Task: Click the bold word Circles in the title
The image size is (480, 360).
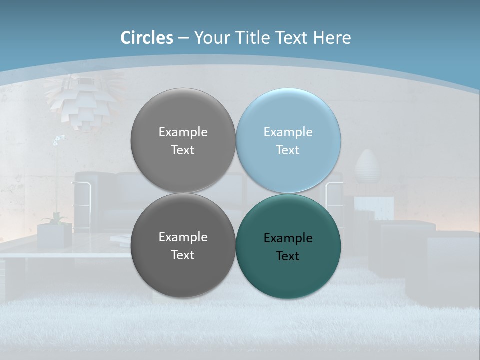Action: [x=147, y=38]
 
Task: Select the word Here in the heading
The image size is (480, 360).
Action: [x=332, y=38]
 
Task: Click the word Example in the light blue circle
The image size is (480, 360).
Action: [x=288, y=132]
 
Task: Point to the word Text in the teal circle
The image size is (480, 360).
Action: [x=288, y=256]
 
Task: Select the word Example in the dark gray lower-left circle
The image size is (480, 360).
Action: [x=183, y=237]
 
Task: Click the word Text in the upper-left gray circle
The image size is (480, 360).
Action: [x=183, y=150]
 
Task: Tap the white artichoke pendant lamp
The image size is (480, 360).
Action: [x=82, y=102]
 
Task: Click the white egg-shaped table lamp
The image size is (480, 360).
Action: [x=367, y=166]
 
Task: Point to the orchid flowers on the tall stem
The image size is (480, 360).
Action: [x=59, y=140]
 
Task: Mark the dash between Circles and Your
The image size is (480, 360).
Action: [x=183, y=38]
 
